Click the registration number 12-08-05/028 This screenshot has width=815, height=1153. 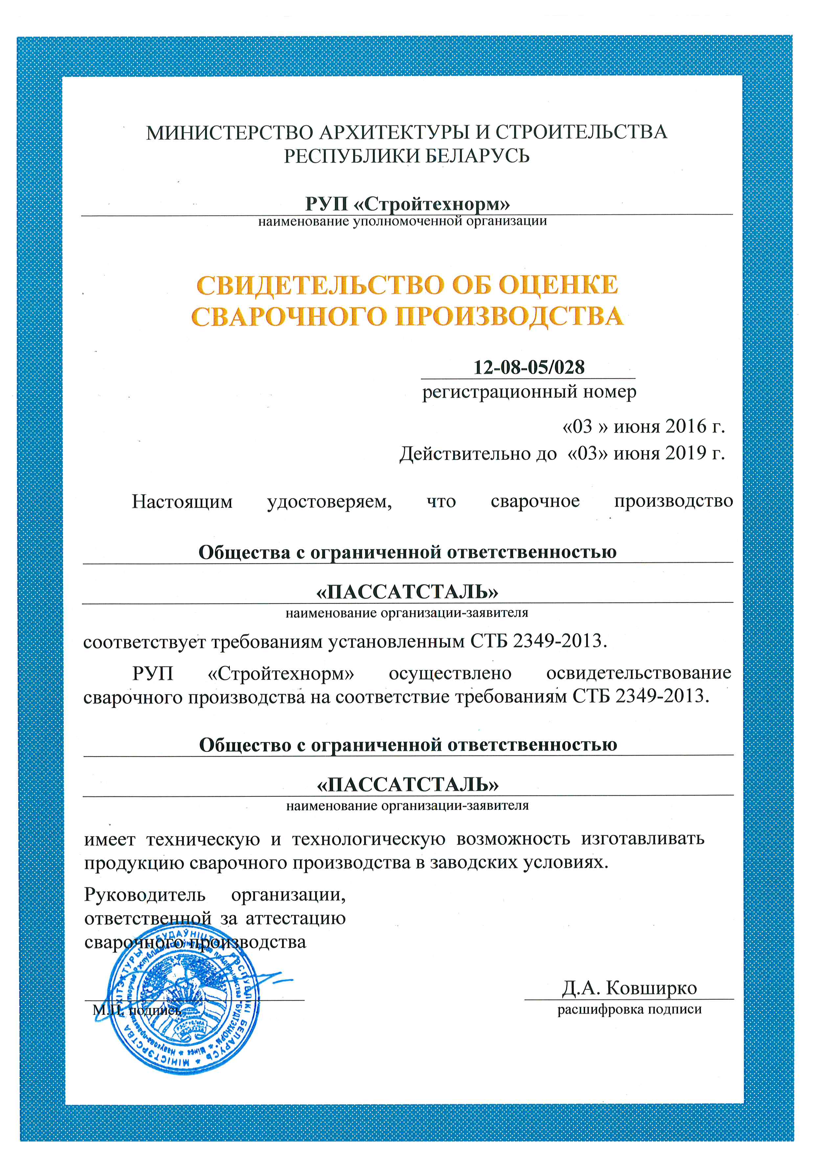[x=529, y=367]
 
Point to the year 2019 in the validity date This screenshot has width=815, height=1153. [x=686, y=453]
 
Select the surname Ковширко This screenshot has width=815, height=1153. [x=651, y=988]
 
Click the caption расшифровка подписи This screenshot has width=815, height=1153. [x=629, y=1009]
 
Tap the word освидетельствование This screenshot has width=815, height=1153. [x=638, y=673]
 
